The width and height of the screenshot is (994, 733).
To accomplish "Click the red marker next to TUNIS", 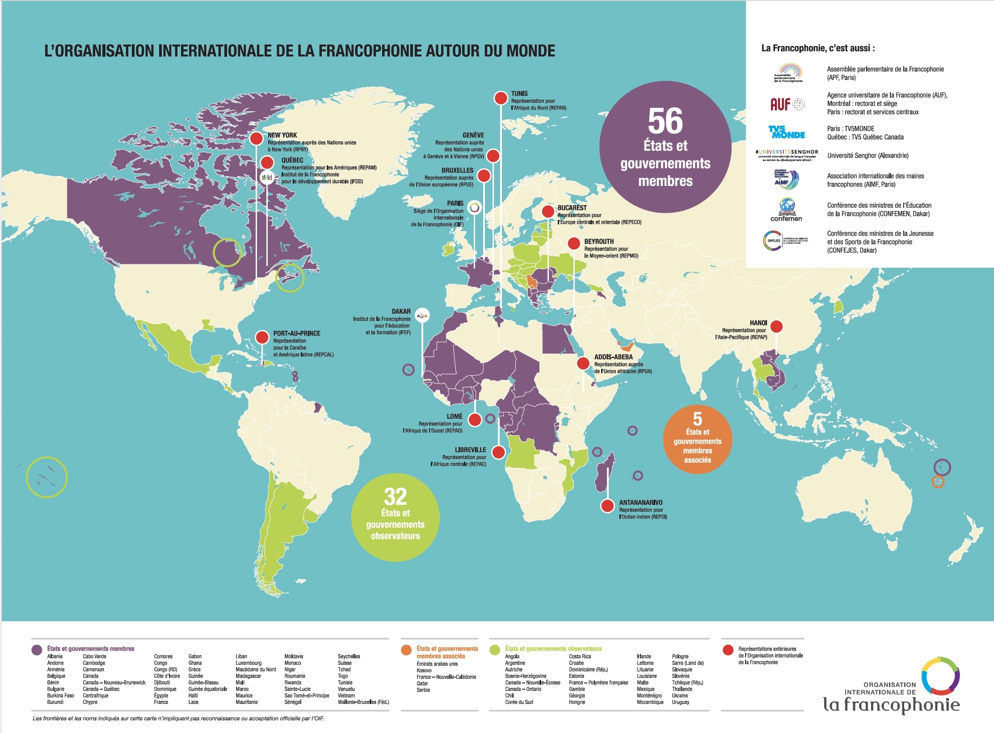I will click(x=501, y=97).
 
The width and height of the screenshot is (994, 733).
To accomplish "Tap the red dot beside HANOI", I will click(x=776, y=327).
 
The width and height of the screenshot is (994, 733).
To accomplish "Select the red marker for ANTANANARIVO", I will click(x=607, y=506).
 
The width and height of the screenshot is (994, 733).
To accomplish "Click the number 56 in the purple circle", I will click(x=665, y=121).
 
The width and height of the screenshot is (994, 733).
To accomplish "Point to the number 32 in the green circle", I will click(x=395, y=497).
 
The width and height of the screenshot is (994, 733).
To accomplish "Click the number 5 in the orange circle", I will click(x=697, y=419).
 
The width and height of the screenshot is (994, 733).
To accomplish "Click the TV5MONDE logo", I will click(x=786, y=132).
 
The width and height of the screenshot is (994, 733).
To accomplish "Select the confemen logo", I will click(x=786, y=210).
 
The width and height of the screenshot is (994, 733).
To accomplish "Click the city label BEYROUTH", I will click(x=599, y=241).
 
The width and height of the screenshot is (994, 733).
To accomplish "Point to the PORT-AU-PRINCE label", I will click(x=297, y=333).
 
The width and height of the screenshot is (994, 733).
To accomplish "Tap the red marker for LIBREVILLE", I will click(x=498, y=452).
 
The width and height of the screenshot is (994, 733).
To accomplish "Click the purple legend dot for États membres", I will click(x=37, y=650).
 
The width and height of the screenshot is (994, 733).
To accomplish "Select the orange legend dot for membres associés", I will click(x=406, y=650).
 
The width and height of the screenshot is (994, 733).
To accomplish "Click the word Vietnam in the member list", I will click(x=346, y=695).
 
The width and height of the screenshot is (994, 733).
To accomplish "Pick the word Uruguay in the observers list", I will click(x=680, y=702).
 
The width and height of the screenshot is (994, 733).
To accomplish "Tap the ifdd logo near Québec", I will click(x=267, y=177).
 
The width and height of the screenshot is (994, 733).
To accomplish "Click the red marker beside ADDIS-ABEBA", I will click(x=583, y=363).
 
